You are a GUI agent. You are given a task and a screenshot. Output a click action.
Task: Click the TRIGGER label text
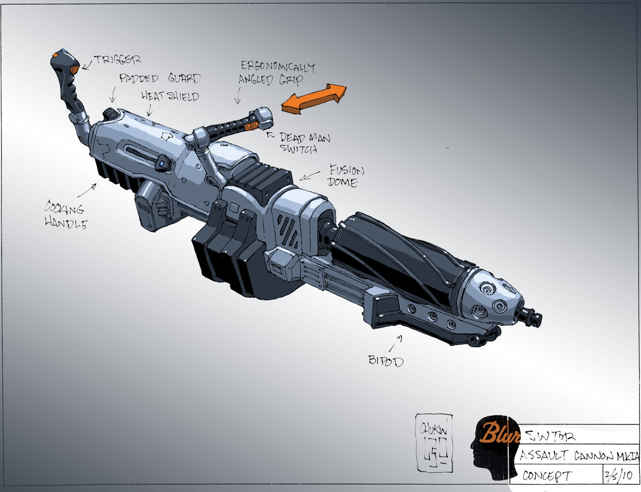(x=117, y=60)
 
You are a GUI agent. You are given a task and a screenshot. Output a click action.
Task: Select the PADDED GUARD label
(x=159, y=78)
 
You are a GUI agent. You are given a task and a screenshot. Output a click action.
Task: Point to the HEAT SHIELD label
(x=170, y=96)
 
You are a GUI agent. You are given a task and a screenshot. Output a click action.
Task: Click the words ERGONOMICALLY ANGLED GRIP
(x=276, y=73)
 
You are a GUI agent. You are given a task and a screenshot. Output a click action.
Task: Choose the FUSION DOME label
(x=346, y=176)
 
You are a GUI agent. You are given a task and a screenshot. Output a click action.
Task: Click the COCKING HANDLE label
(x=65, y=215)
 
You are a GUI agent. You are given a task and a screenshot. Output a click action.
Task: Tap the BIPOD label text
(x=386, y=361)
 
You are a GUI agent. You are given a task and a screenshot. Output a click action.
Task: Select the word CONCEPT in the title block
(x=547, y=476)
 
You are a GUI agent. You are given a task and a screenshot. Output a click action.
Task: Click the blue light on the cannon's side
(x=161, y=164)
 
